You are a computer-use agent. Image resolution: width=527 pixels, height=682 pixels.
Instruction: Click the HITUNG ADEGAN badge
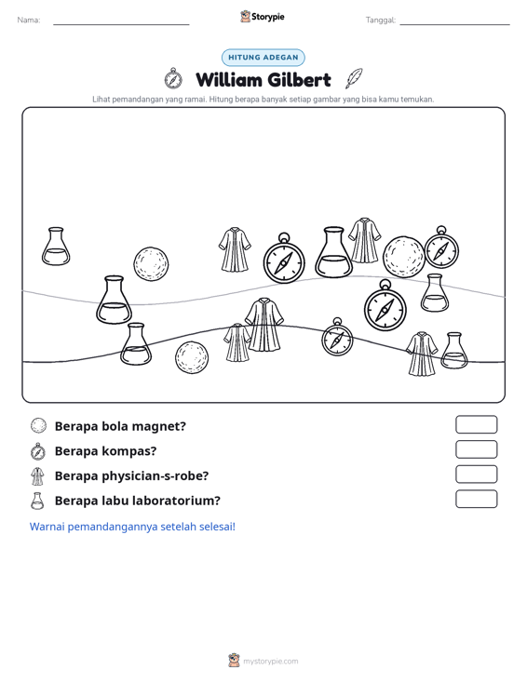[263, 58]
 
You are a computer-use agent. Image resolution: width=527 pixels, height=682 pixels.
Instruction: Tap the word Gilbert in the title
[299, 80]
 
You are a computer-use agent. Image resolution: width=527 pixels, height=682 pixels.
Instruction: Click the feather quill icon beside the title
[354, 78]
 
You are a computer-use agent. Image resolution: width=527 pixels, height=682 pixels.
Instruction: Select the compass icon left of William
[173, 79]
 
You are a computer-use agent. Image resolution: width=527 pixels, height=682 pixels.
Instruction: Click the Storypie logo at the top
[263, 17]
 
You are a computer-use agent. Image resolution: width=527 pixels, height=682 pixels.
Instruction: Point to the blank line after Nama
[121, 24]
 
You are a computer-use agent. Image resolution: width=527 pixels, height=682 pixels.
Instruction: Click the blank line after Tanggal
[454, 24]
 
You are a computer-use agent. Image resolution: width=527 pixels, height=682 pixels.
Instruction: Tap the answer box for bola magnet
[476, 424]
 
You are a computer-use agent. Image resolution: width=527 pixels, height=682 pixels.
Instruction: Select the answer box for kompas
[476, 449]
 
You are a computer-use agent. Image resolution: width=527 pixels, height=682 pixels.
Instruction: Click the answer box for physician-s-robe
[476, 475]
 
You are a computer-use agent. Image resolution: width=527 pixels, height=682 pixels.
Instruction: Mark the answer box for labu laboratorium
[476, 499]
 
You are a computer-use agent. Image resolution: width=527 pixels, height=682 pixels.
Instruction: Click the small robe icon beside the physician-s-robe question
[38, 476]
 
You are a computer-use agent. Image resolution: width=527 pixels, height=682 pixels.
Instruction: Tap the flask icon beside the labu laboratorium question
[37, 501]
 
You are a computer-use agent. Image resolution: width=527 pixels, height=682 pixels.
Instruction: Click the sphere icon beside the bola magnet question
[38, 425]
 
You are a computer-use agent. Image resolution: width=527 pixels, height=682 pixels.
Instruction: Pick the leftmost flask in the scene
[56, 247]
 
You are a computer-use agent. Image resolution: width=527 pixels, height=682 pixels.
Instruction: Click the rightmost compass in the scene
[441, 247]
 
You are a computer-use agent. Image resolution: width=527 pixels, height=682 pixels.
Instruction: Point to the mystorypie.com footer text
[270, 662]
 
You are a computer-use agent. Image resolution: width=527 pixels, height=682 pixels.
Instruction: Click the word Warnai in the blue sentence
[47, 527]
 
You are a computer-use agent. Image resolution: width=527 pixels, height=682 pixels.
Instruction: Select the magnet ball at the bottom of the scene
[192, 357]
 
